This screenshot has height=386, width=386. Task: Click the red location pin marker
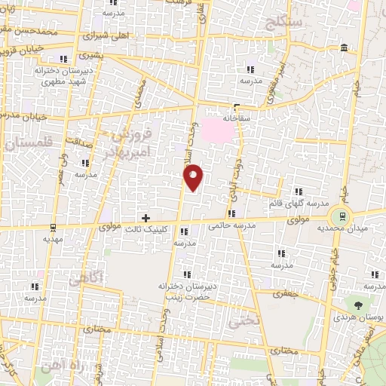click(x=194, y=177)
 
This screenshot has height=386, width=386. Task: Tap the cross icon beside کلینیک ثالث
click(x=146, y=218)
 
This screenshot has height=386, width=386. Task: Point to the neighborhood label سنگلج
click(x=283, y=20)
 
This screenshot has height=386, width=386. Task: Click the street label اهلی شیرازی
click(x=106, y=35)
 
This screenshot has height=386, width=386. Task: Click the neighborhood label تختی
click(x=247, y=320)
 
